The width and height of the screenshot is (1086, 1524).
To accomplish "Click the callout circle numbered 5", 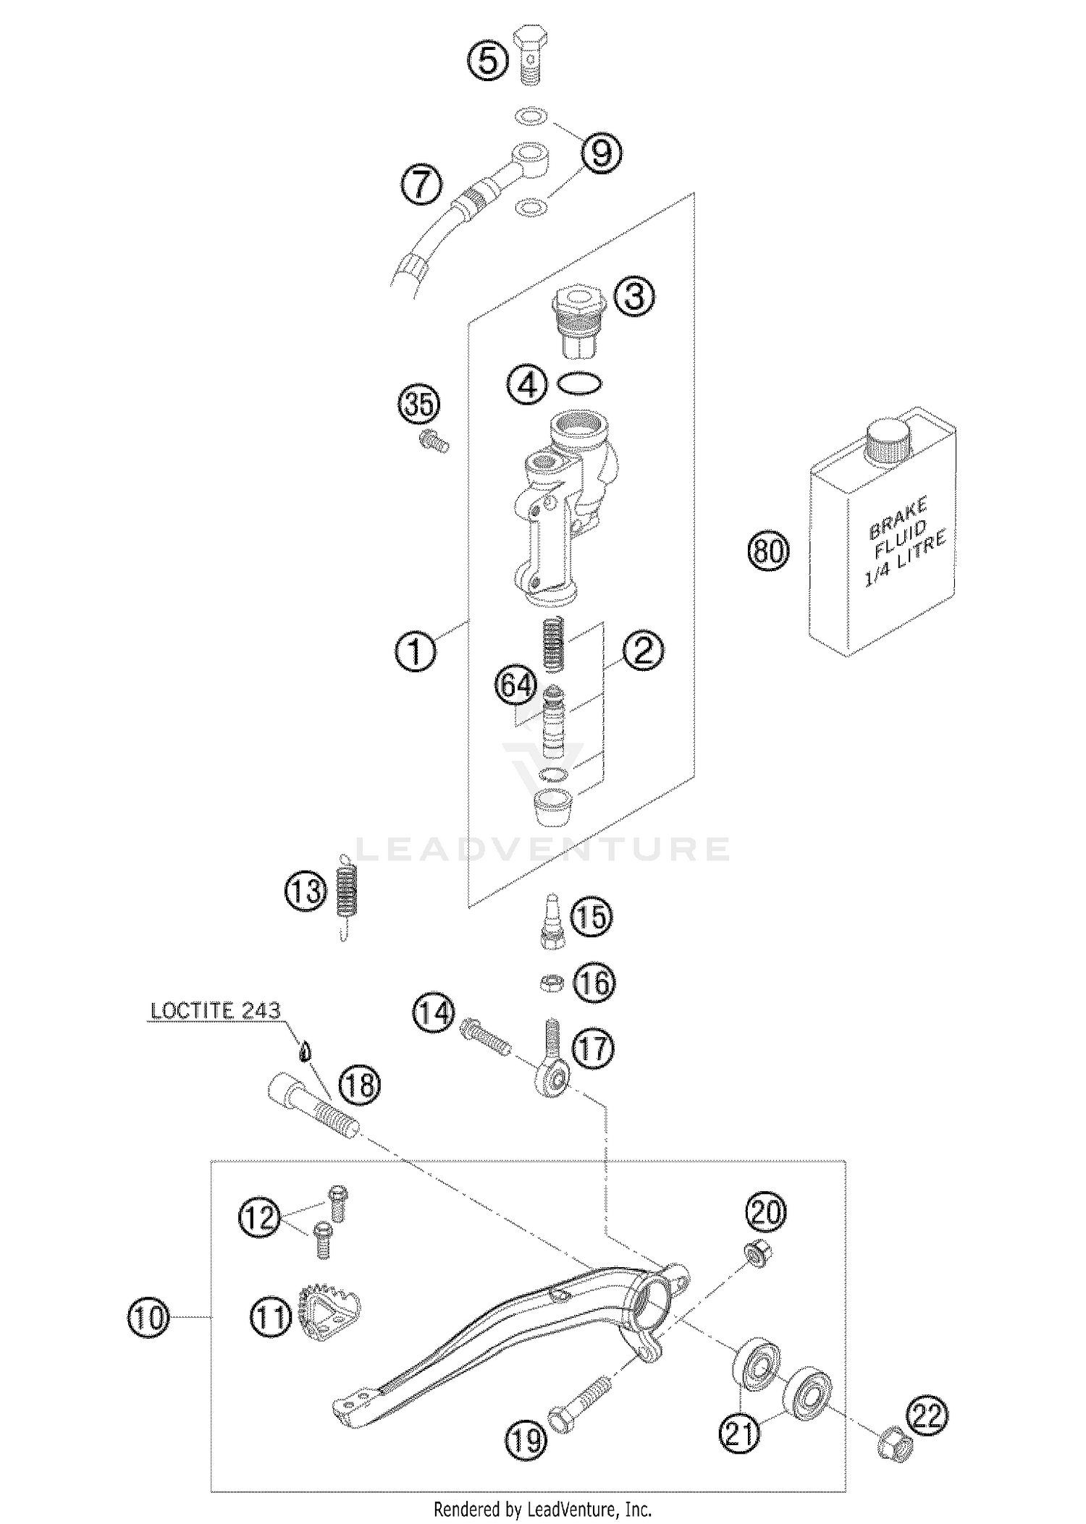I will click(x=488, y=61).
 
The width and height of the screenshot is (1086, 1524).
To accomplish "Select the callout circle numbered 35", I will click(x=419, y=404).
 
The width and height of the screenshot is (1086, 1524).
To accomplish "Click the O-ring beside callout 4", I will click(x=579, y=384).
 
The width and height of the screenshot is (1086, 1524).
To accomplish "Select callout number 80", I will click(x=768, y=551).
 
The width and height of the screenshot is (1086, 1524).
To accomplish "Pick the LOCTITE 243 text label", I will click(x=215, y=1011).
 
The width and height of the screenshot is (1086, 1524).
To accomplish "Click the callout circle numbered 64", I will click(x=517, y=685).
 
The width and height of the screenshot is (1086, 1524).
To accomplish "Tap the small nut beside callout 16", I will click(x=552, y=983).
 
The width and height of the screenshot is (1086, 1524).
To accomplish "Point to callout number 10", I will click(x=148, y=1318).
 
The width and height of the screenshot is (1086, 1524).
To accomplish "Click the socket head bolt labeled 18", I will click(x=313, y=1108).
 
